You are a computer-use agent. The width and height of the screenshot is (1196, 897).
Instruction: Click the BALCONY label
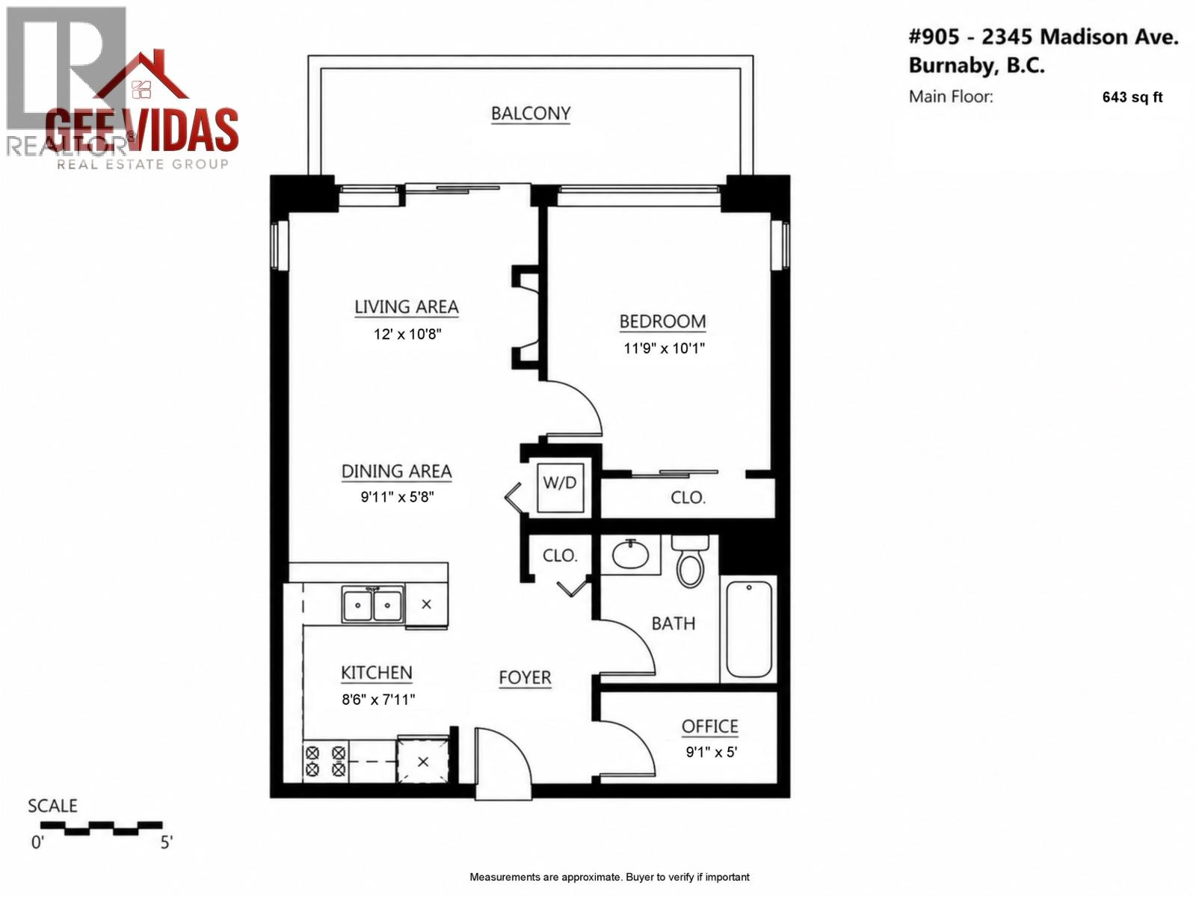530,114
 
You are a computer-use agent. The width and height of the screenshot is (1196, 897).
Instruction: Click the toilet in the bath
690,561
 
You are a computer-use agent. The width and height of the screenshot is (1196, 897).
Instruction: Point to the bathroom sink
631,555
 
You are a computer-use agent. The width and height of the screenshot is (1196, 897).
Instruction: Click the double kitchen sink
372,604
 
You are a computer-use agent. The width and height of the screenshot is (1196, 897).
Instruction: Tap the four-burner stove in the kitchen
325,761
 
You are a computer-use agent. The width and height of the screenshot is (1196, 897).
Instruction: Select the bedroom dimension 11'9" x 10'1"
664,348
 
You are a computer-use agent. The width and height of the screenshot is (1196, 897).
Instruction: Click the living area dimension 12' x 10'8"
407,334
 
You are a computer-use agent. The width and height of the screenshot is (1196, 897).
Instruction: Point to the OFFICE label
709,727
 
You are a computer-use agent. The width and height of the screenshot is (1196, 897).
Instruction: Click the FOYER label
525,678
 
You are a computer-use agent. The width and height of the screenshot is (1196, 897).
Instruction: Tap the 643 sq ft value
1132,97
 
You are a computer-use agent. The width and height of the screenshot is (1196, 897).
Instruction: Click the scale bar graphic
101,827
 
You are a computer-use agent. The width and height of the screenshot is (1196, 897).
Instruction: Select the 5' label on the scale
166,843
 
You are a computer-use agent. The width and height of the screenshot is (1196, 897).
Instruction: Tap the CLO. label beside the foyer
559,556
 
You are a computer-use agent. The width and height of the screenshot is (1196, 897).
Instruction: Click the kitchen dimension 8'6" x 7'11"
377,700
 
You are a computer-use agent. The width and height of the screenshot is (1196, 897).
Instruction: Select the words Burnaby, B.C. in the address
976,66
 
